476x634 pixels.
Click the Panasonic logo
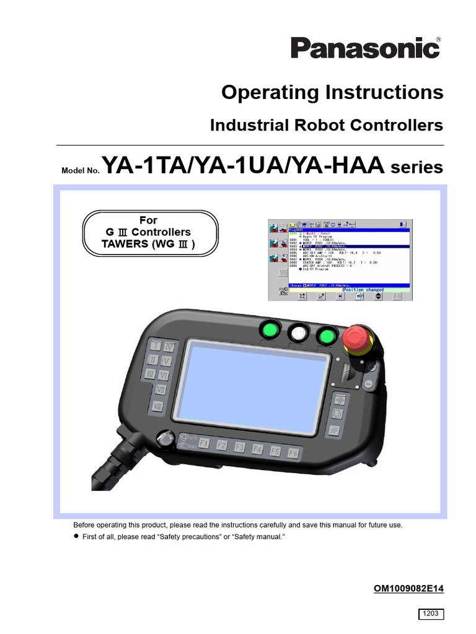(367, 48)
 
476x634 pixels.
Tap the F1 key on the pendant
(203, 444)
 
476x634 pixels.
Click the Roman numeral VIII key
(158, 406)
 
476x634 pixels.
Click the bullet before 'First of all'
(77, 537)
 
